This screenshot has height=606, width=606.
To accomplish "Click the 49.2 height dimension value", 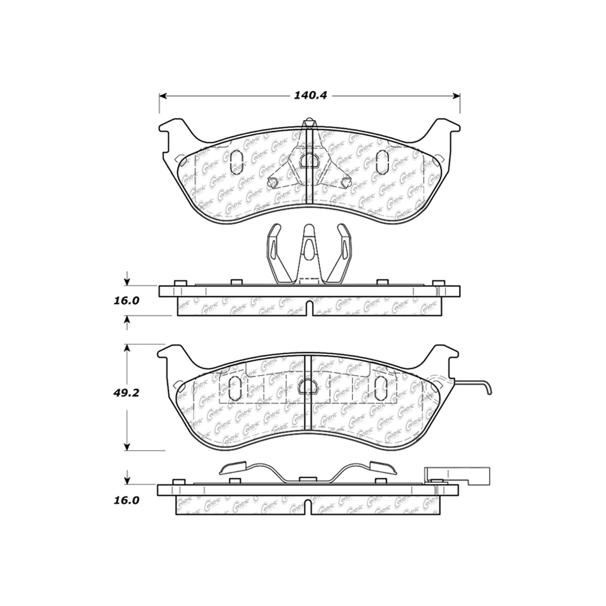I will click(x=126, y=392).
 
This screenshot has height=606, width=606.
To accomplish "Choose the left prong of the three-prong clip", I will click(x=275, y=246).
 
